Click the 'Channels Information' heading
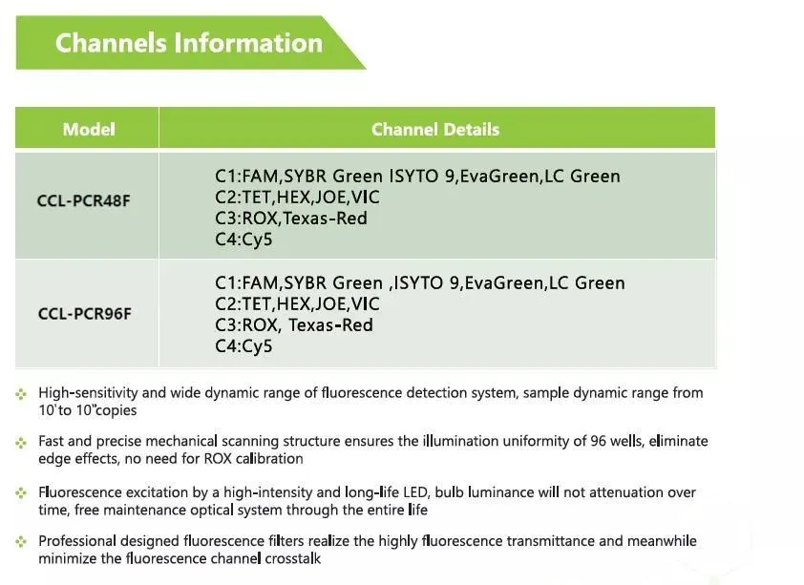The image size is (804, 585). [x=188, y=43]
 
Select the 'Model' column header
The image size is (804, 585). [x=89, y=130]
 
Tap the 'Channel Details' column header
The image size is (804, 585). [x=435, y=130]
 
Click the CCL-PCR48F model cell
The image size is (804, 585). [x=85, y=202]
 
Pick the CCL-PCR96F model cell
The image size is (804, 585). [x=85, y=313]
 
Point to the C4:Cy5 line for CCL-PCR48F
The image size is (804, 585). [x=243, y=240]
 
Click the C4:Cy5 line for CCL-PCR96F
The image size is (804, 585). [x=243, y=346]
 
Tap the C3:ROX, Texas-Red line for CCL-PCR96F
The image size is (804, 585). [x=294, y=325]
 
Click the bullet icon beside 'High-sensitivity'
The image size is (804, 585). [x=21, y=393]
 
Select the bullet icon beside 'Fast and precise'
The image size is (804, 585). [x=21, y=442]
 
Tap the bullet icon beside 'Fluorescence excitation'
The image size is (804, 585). [x=21, y=492]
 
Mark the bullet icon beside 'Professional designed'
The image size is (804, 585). [x=21, y=541]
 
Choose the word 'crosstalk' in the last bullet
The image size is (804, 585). [x=288, y=558]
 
